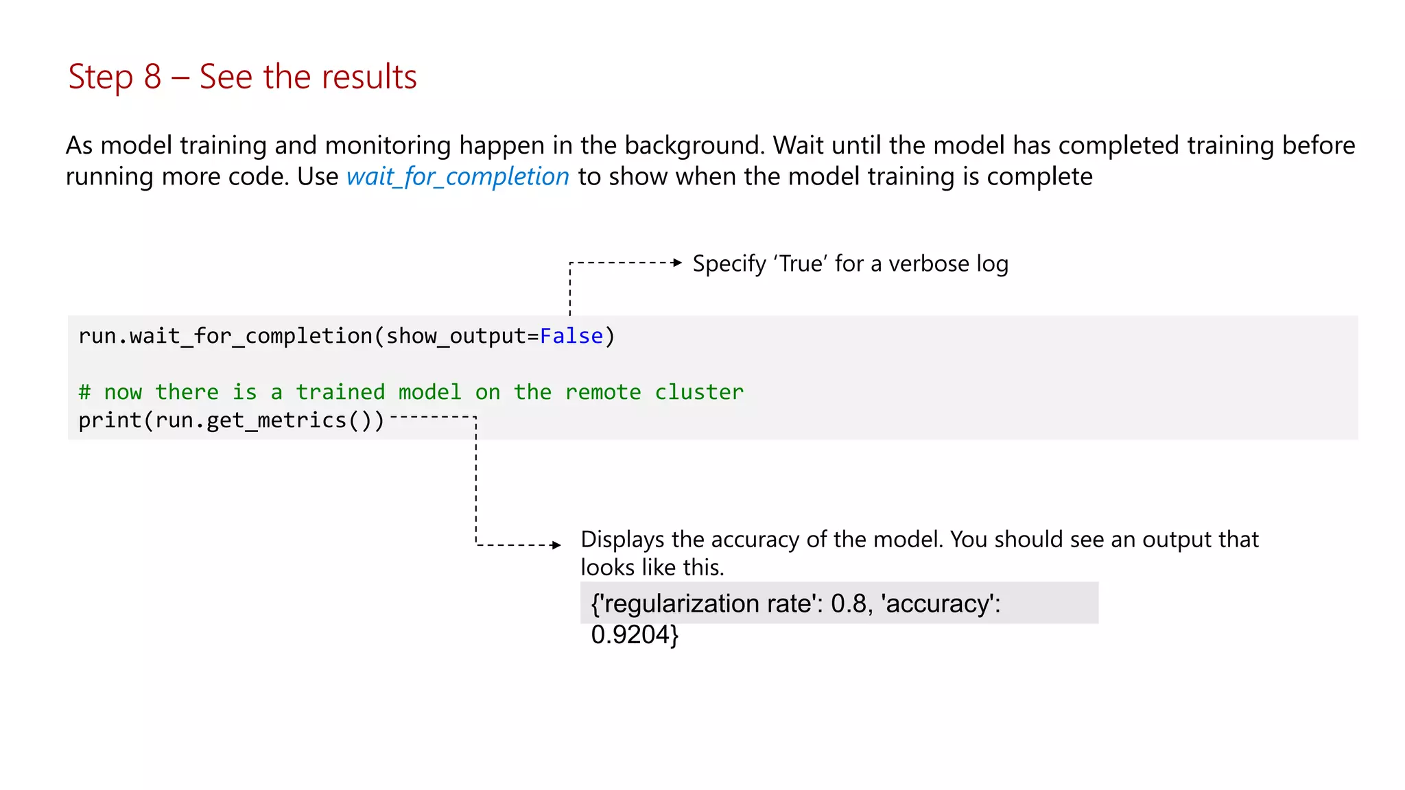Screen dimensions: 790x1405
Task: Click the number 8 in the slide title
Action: [x=152, y=77]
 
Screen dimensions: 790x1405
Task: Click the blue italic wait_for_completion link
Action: [x=458, y=177]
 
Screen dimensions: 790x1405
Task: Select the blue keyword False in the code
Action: [x=571, y=336]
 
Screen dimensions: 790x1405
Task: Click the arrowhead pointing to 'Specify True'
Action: [x=678, y=263]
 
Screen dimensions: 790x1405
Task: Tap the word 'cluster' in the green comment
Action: [x=699, y=392]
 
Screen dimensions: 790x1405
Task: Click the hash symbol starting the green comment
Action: [x=84, y=392]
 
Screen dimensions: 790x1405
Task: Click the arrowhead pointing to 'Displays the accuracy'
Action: [x=556, y=545]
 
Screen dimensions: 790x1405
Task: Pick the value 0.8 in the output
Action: [x=849, y=604]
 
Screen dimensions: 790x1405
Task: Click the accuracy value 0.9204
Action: [x=630, y=635]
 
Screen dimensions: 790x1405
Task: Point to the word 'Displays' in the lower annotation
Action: [x=622, y=540]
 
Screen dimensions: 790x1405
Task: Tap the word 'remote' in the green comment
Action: [x=603, y=392]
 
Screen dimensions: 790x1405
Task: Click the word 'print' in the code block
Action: [x=110, y=420]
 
